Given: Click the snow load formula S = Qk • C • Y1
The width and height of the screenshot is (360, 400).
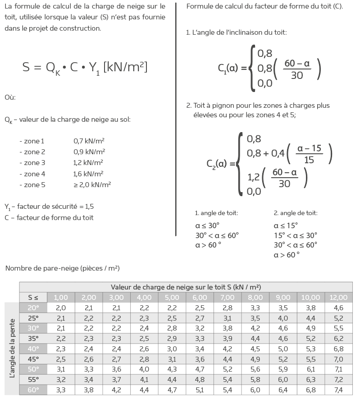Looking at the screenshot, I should point(85,67).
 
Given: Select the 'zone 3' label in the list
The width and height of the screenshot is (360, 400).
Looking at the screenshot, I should point(32,163).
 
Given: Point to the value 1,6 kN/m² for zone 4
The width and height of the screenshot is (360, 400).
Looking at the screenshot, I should point(88,174).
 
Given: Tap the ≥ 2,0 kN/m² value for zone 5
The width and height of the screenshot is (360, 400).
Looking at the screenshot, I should point(92,184).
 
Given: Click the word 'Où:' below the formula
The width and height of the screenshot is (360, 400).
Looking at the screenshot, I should point(10,97).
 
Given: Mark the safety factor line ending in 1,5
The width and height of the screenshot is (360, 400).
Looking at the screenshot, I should point(49,207).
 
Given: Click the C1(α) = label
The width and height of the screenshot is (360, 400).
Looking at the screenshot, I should point(232,69).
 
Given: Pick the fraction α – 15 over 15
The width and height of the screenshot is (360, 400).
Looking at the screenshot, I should point(310,154).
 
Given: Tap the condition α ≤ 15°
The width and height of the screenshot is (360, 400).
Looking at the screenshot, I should point(286,225).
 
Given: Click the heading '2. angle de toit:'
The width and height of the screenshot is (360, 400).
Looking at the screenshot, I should point(295,213).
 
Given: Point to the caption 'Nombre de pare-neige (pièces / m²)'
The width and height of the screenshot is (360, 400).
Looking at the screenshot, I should point(62,268).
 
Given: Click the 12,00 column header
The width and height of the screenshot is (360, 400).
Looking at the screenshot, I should point(338,297).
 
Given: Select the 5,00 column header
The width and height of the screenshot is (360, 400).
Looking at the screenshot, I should point(172,297).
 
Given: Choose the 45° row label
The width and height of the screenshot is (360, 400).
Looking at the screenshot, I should point(33,359).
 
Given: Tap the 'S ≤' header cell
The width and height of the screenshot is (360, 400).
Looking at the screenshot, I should point(33,297).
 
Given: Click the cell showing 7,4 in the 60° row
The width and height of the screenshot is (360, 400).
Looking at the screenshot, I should point(338,390).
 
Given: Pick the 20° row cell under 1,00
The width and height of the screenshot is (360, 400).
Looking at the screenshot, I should point(61,308).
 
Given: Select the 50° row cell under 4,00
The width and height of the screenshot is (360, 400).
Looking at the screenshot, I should point(144,369).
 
